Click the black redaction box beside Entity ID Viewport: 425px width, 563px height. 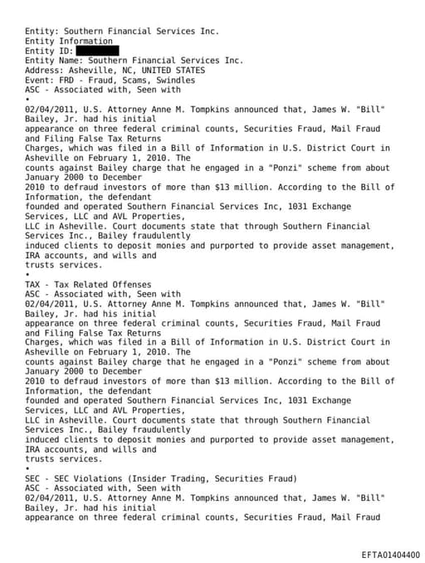(93, 51)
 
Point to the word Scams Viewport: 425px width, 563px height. (142, 81)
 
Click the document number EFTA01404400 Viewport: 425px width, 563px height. (390, 554)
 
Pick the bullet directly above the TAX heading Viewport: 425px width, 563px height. (27, 274)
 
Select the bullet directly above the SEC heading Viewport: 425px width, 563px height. (27, 469)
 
